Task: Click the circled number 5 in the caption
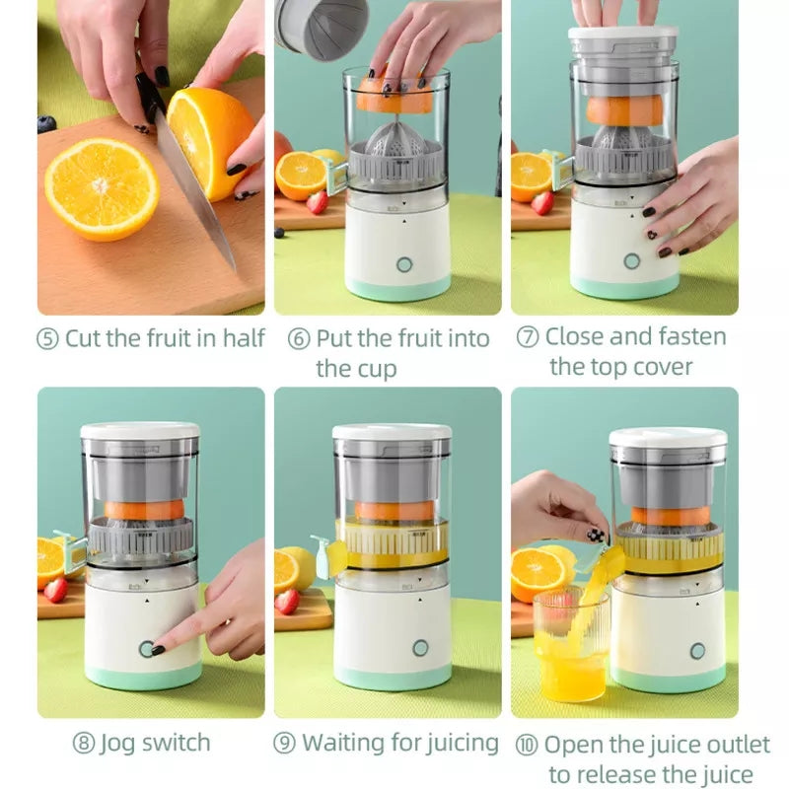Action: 48,338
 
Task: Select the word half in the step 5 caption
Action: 243,338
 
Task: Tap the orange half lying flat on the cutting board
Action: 102,188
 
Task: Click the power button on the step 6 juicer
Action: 404,264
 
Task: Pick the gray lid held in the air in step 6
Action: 308,27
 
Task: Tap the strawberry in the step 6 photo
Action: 317,202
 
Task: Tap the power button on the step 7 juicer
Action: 631,261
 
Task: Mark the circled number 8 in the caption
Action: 84,743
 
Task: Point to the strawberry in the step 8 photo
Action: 56,589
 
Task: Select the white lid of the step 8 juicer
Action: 139,431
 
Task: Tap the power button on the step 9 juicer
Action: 420,648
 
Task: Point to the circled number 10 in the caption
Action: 528,745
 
